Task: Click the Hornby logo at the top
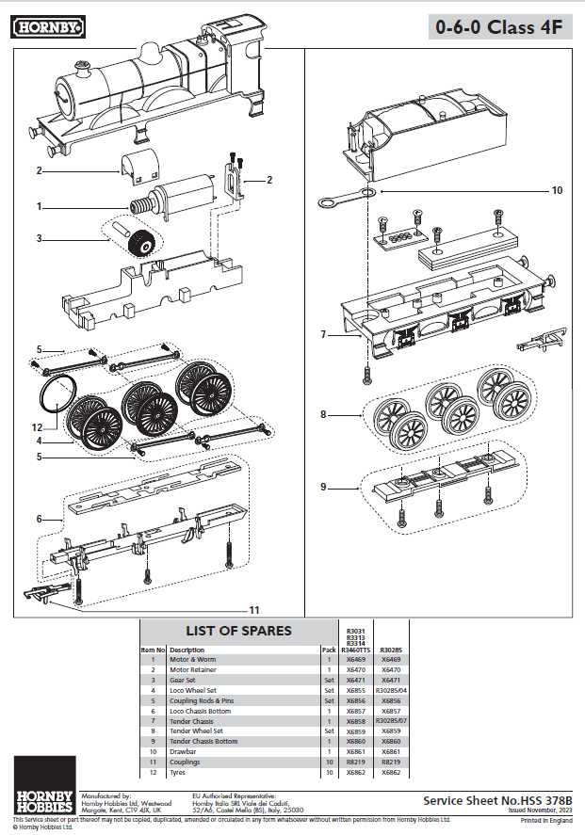[x=47, y=28]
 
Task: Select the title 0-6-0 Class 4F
[x=498, y=27]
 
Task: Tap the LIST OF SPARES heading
[x=238, y=631]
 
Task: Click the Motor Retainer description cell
[x=195, y=669]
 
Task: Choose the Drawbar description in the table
[x=185, y=751]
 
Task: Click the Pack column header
[x=328, y=650]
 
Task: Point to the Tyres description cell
[x=181, y=772]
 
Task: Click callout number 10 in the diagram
[x=557, y=190]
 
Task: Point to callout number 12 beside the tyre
[x=37, y=428]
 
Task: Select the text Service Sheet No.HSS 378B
[x=497, y=800]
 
